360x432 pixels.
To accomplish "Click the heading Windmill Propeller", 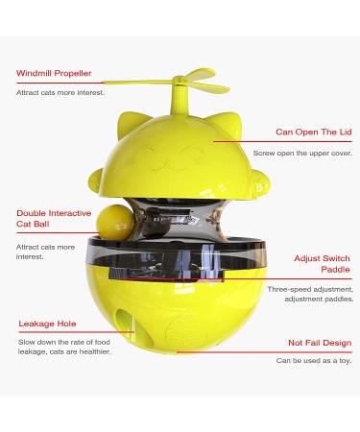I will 55,73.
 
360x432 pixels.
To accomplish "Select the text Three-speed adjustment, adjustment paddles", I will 310,294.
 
